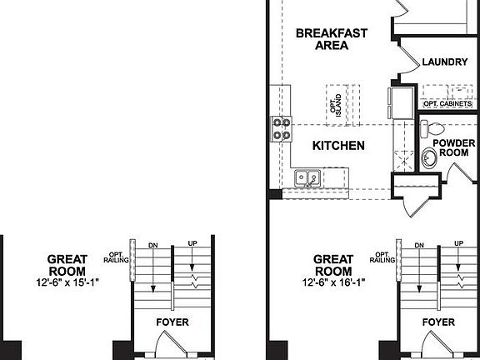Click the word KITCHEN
[x=338, y=146]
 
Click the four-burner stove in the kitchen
[x=281, y=129]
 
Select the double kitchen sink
[x=305, y=178]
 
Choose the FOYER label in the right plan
[x=438, y=322]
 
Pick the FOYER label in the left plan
[x=172, y=322]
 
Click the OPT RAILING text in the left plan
[x=115, y=257]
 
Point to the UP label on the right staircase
[x=458, y=243]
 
